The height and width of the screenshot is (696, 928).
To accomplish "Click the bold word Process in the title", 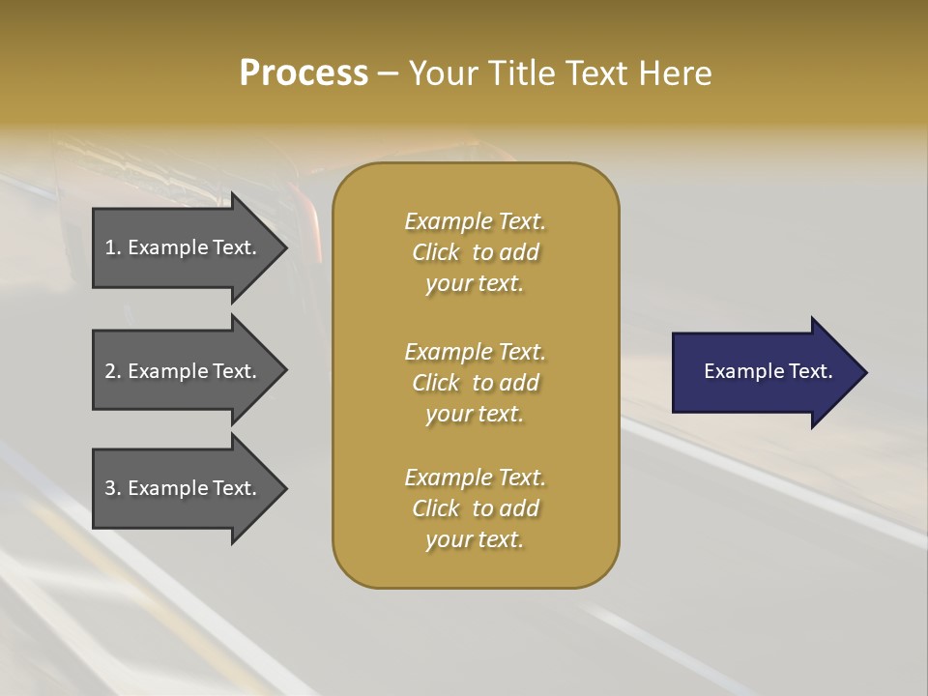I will pyautogui.click(x=304, y=73).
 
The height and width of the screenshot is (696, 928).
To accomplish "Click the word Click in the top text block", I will pyautogui.click(x=436, y=252).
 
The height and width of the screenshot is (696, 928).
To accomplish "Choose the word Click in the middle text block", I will pyautogui.click(x=436, y=383).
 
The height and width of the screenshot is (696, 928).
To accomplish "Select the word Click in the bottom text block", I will pyautogui.click(x=436, y=508).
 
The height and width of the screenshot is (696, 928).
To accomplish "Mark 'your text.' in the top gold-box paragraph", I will pyautogui.click(x=475, y=284).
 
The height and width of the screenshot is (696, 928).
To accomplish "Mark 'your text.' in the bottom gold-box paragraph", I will pyautogui.click(x=475, y=540).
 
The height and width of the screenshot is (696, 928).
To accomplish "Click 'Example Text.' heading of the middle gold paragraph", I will pyautogui.click(x=475, y=352).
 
